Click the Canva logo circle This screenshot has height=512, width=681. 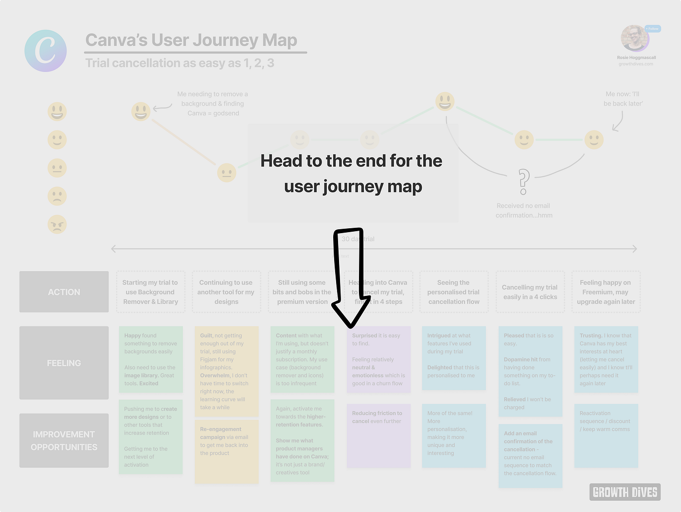click(46, 51)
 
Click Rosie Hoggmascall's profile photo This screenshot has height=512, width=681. click(635, 38)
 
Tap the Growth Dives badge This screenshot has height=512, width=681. click(625, 492)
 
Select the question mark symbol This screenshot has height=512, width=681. click(523, 181)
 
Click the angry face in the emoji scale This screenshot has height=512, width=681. click(57, 224)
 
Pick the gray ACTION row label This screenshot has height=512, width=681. click(64, 292)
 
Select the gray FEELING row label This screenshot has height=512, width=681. click(64, 363)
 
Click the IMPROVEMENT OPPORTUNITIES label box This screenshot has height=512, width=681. click(64, 440)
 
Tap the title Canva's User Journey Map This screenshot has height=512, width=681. click(191, 40)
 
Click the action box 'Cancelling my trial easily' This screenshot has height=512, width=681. click(530, 292)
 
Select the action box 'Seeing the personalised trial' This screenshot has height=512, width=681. click(454, 292)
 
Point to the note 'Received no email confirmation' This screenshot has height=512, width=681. click(524, 211)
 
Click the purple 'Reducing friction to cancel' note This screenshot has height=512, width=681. click(378, 436)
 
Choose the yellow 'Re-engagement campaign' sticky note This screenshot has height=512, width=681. click(226, 451)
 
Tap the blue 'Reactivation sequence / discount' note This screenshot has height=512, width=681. click(606, 436)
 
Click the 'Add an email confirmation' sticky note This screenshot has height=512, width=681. click(530, 456)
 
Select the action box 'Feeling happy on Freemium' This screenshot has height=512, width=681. click(606, 292)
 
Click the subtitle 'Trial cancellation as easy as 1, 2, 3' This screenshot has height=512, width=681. click(180, 63)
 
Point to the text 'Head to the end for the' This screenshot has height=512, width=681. click(351, 161)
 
